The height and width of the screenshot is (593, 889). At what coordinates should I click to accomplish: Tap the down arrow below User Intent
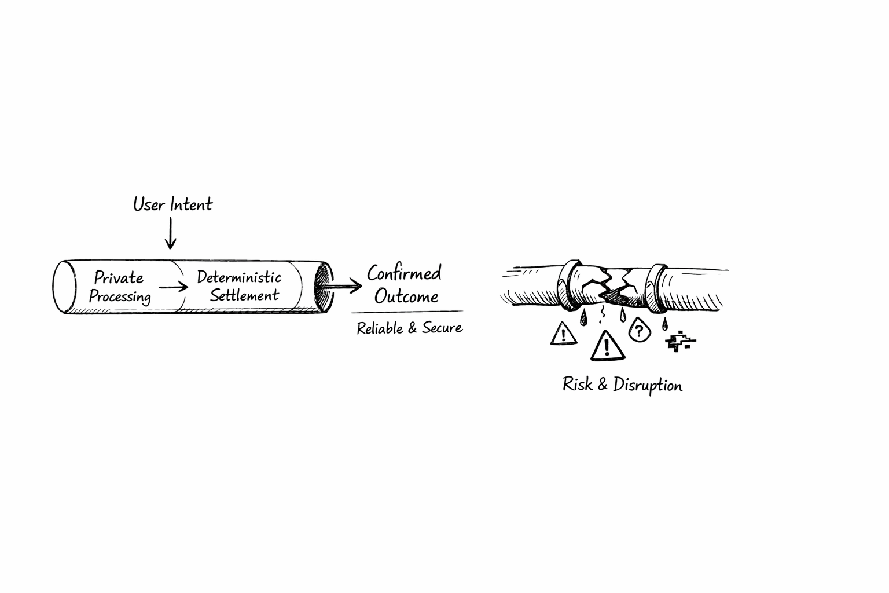pyautogui.click(x=170, y=233)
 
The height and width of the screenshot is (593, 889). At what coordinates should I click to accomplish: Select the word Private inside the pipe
pyautogui.click(x=119, y=277)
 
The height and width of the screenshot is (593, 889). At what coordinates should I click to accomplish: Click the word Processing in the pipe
pyautogui.click(x=120, y=296)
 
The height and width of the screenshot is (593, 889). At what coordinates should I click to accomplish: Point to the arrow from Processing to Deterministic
pyautogui.click(x=173, y=287)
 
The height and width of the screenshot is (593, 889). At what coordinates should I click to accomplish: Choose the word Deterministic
pyautogui.click(x=239, y=277)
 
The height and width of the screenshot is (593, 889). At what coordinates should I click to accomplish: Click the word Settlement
pyautogui.click(x=244, y=295)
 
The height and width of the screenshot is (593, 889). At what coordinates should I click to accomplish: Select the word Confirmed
pyautogui.click(x=404, y=273)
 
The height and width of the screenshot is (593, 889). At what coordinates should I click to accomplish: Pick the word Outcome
pyautogui.click(x=406, y=296)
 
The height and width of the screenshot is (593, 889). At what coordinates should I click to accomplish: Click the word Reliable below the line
pyautogui.click(x=379, y=328)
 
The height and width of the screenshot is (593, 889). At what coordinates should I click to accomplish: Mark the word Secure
pyautogui.click(x=442, y=328)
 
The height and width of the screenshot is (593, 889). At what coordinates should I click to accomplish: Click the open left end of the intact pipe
pyautogui.click(x=64, y=287)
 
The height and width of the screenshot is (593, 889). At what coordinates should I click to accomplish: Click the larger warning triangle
pyautogui.click(x=607, y=346)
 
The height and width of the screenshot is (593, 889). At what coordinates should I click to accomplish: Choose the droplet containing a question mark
pyautogui.click(x=638, y=330)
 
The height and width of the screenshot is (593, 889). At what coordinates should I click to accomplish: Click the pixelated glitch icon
pyautogui.click(x=679, y=342)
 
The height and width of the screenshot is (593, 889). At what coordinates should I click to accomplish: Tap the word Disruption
pyautogui.click(x=648, y=385)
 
